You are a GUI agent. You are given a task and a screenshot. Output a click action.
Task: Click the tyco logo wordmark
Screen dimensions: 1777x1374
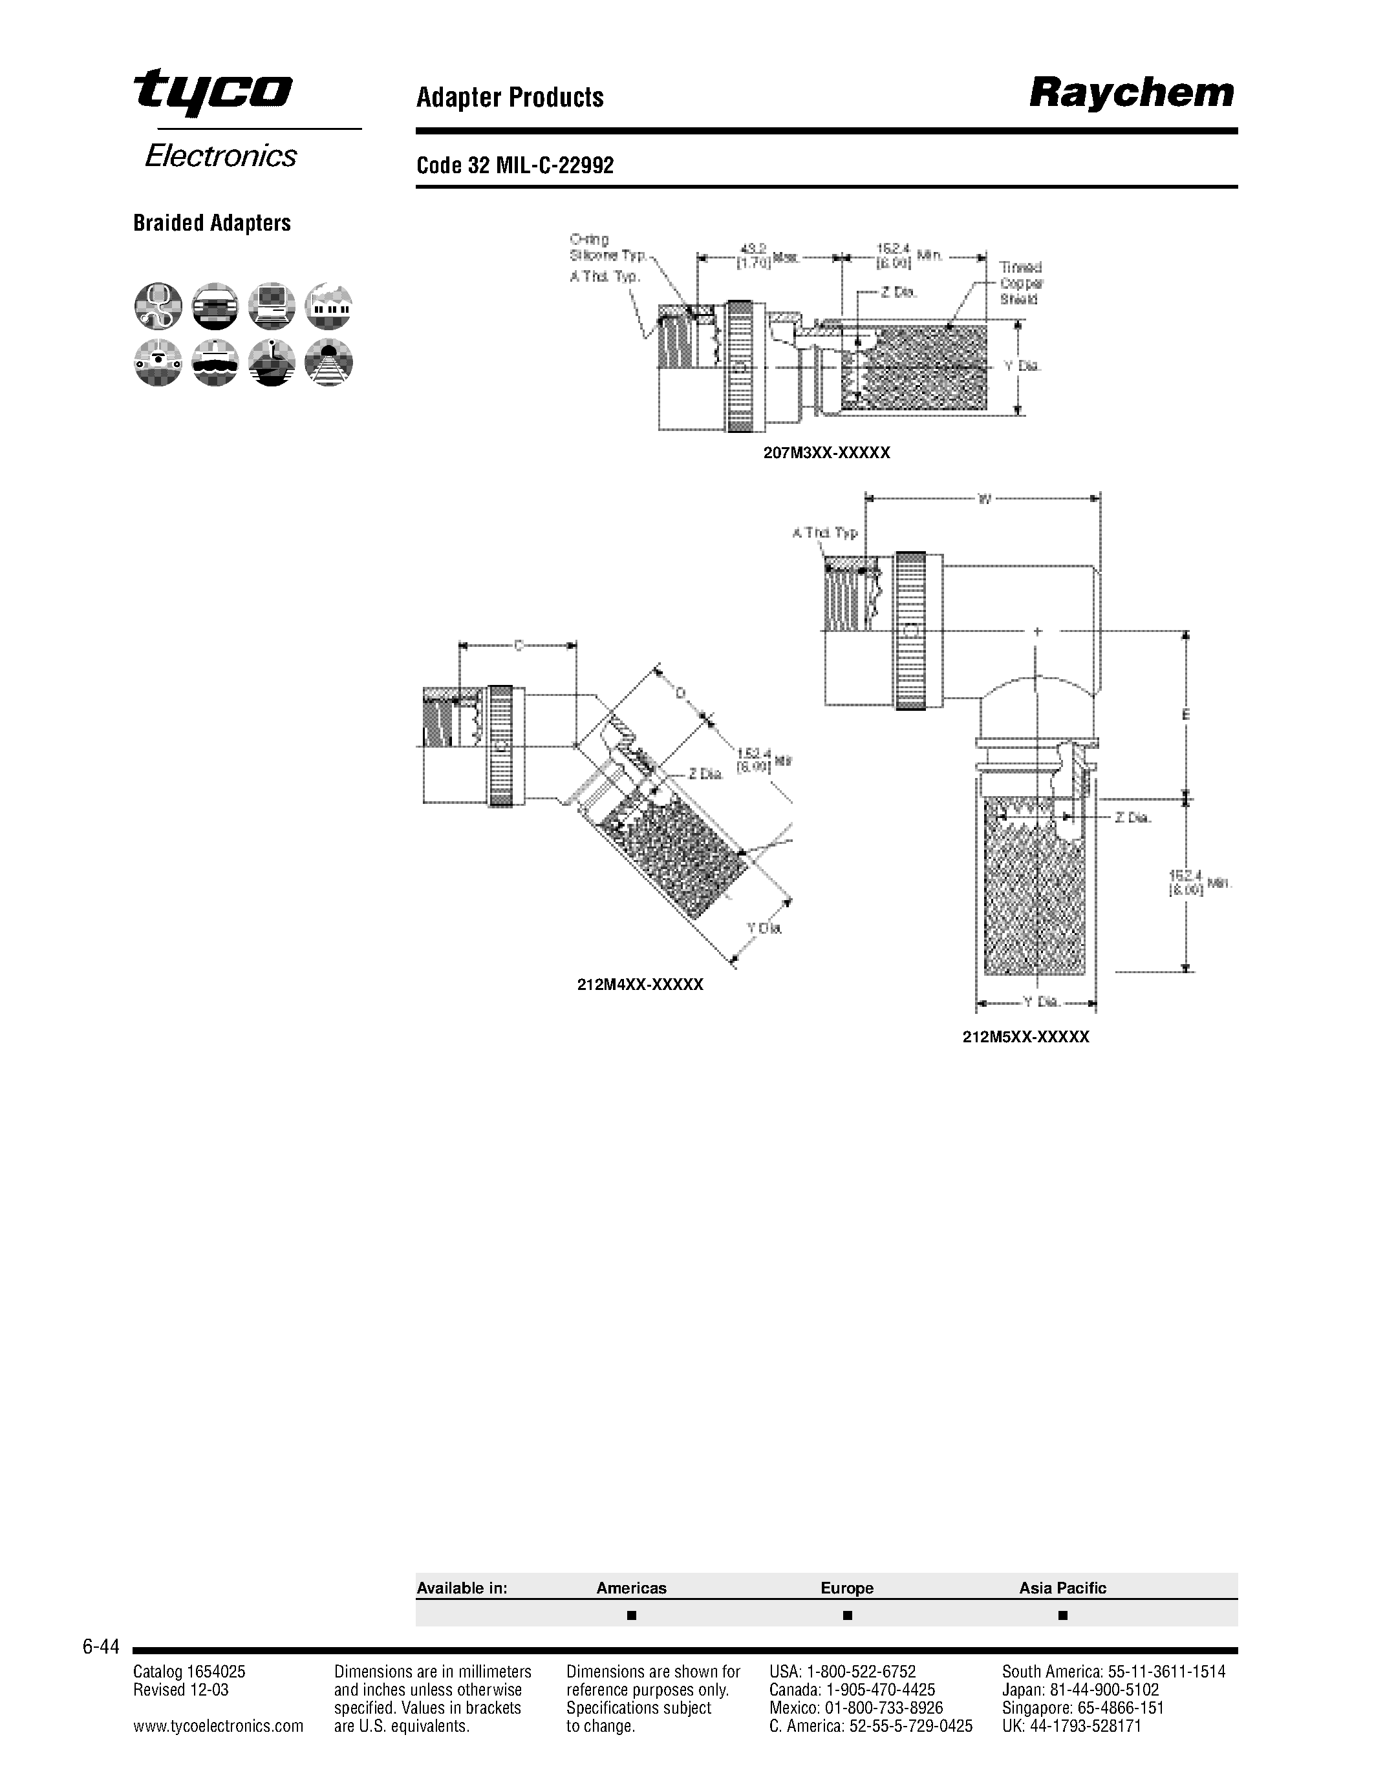(213, 91)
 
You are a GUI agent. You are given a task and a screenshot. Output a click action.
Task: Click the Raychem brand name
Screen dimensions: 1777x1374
(1132, 94)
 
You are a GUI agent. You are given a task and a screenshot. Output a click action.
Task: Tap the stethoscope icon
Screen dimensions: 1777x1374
(158, 306)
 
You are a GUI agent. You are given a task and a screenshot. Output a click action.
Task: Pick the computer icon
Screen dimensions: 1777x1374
(272, 306)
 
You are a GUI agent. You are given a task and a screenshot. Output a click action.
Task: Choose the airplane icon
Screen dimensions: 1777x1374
(272, 362)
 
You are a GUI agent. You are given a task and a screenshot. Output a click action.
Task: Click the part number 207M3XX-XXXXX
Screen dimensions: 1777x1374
(826, 453)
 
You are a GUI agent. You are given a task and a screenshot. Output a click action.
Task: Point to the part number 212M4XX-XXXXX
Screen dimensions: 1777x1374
(639, 985)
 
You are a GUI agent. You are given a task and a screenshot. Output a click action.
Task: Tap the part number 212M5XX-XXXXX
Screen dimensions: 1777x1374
(1025, 1037)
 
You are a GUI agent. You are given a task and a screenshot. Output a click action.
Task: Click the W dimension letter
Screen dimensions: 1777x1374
(984, 499)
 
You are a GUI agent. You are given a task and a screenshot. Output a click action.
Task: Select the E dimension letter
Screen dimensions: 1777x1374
(1186, 715)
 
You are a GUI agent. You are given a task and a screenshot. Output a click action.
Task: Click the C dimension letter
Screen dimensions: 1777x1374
(519, 646)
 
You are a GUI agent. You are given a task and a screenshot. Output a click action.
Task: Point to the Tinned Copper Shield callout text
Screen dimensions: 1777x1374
(1021, 283)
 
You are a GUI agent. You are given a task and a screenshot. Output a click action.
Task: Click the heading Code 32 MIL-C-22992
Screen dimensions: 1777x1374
(515, 166)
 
